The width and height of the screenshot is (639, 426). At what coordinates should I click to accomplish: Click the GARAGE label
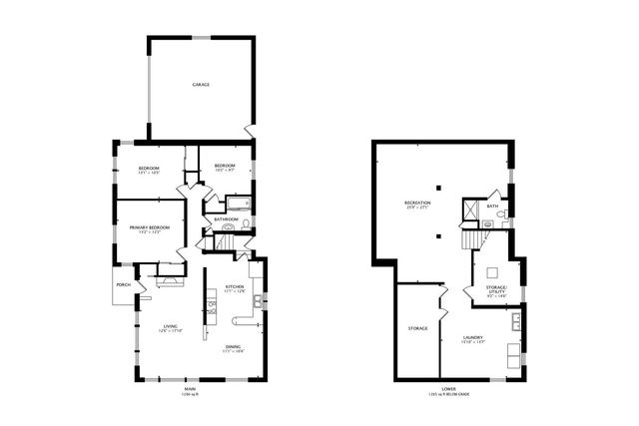pyautogui.click(x=201, y=85)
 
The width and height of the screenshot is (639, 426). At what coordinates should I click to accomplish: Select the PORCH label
pyautogui.click(x=124, y=285)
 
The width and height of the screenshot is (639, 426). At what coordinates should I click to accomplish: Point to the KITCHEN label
pyautogui.click(x=235, y=287)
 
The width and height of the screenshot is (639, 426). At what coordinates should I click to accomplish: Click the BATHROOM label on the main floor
pyautogui.click(x=226, y=218)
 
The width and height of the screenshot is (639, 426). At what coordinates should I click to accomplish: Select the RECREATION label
pyautogui.click(x=417, y=203)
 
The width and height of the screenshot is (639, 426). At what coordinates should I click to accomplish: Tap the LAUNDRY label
pyautogui.click(x=473, y=337)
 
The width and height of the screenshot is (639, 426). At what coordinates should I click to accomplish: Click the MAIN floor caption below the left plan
pyautogui.click(x=189, y=389)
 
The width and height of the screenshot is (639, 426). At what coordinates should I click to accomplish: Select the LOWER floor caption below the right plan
pyautogui.click(x=448, y=389)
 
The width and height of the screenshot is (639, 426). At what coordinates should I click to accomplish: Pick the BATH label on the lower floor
pyautogui.click(x=492, y=207)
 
